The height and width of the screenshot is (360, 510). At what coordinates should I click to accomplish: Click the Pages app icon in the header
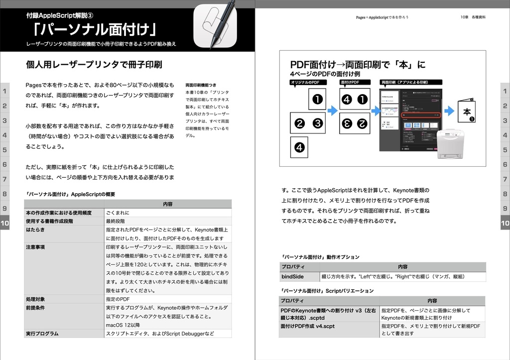tap(215, 26)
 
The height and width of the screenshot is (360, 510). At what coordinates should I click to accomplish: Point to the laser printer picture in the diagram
tap(450, 143)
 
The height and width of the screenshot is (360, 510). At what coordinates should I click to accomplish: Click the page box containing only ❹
tap(299, 147)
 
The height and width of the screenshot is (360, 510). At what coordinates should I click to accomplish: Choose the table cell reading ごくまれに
tap(118, 213)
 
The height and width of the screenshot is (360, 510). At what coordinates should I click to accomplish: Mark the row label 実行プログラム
tap(42, 334)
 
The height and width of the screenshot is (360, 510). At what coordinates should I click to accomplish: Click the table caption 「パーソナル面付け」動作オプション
tap(320, 257)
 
